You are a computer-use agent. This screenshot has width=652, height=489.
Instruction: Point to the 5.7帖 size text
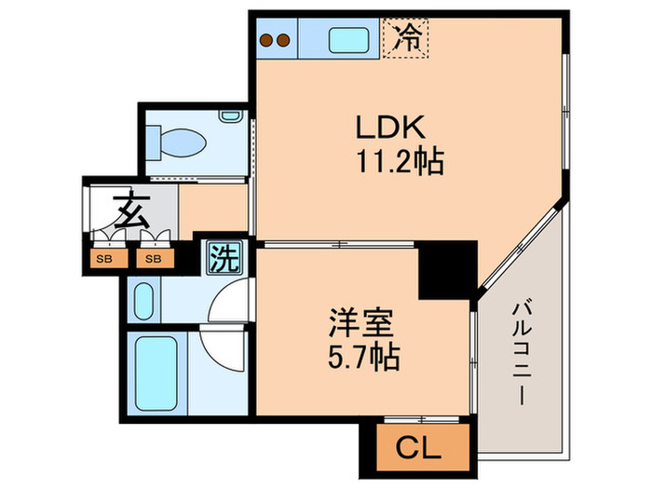point(361,359)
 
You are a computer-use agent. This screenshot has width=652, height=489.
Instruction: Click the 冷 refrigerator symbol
point(407,38)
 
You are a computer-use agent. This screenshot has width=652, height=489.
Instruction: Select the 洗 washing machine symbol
point(222,257)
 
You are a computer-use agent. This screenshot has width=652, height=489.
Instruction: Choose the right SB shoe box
point(151,257)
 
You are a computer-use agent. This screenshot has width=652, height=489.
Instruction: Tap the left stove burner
point(267,40)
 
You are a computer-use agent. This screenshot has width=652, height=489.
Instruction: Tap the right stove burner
point(283,40)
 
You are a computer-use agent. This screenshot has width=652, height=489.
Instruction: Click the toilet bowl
point(178,142)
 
